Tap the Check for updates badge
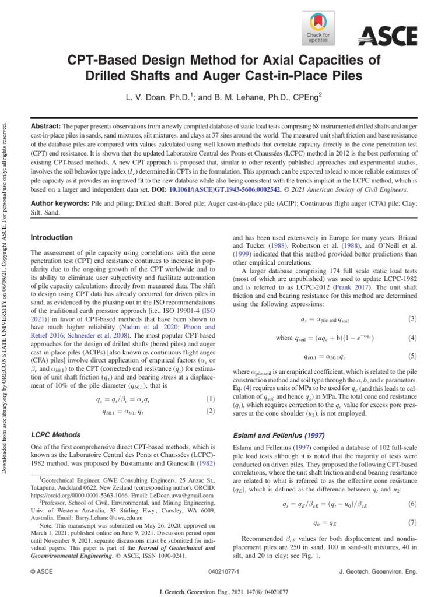click(318, 28)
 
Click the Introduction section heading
click(52, 238)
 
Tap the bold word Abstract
click(45, 126)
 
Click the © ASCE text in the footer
click(41, 573)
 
